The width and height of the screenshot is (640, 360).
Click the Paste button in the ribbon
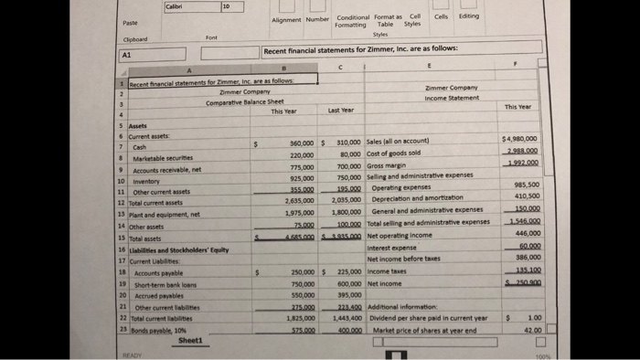(129, 22)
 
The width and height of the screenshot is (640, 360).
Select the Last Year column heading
(340, 111)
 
